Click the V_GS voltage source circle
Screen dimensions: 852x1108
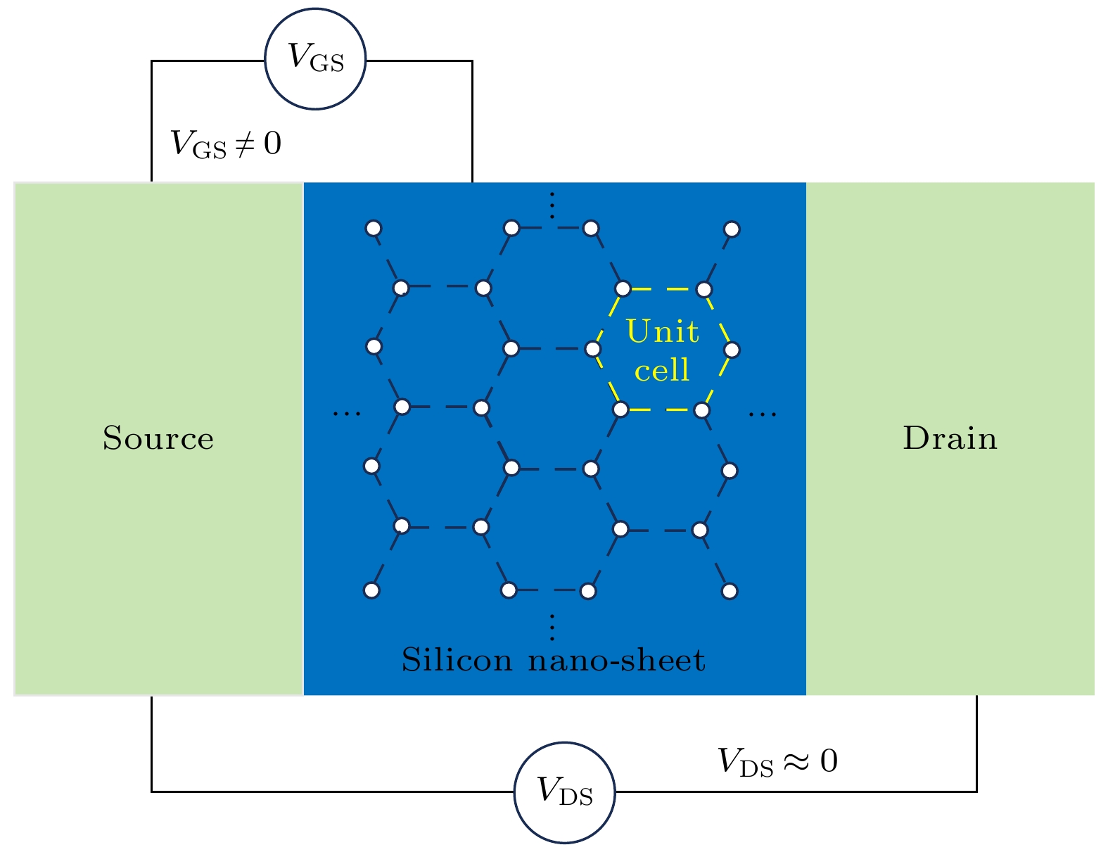pyautogui.click(x=315, y=59)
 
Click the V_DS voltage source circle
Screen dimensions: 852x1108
pyautogui.click(x=564, y=792)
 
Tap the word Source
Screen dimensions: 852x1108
pyautogui.click(x=158, y=438)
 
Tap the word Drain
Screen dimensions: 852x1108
pyautogui.click(x=950, y=438)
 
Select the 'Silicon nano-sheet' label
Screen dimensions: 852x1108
pyautogui.click(x=553, y=661)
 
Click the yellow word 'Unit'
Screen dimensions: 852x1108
pyautogui.click(x=663, y=331)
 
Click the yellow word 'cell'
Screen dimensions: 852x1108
pyautogui.click(x=662, y=370)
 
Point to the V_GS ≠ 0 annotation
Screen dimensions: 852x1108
pyautogui.click(x=226, y=144)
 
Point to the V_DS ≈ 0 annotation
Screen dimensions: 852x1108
pyautogui.click(x=777, y=762)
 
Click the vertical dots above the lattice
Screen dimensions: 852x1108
pyautogui.click(x=552, y=205)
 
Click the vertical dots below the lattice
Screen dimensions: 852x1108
pyautogui.click(x=552, y=627)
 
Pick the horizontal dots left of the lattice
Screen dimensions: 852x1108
pyautogui.click(x=347, y=413)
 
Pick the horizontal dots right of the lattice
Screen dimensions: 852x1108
pyautogui.click(x=763, y=413)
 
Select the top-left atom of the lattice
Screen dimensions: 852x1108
pyautogui.click(x=374, y=229)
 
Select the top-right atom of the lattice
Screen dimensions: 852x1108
pyautogui.click(x=732, y=229)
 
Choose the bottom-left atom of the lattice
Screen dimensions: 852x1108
pyautogui.click(x=372, y=590)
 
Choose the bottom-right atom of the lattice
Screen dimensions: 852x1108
pyautogui.click(x=730, y=591)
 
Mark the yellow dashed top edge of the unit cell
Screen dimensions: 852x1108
pyautogui.click(x=663, y=288)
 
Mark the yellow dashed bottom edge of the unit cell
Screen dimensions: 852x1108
pyautogui.click(x=661, y=409)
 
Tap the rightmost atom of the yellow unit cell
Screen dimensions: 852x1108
pyautogui.click(x=732, y=350)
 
